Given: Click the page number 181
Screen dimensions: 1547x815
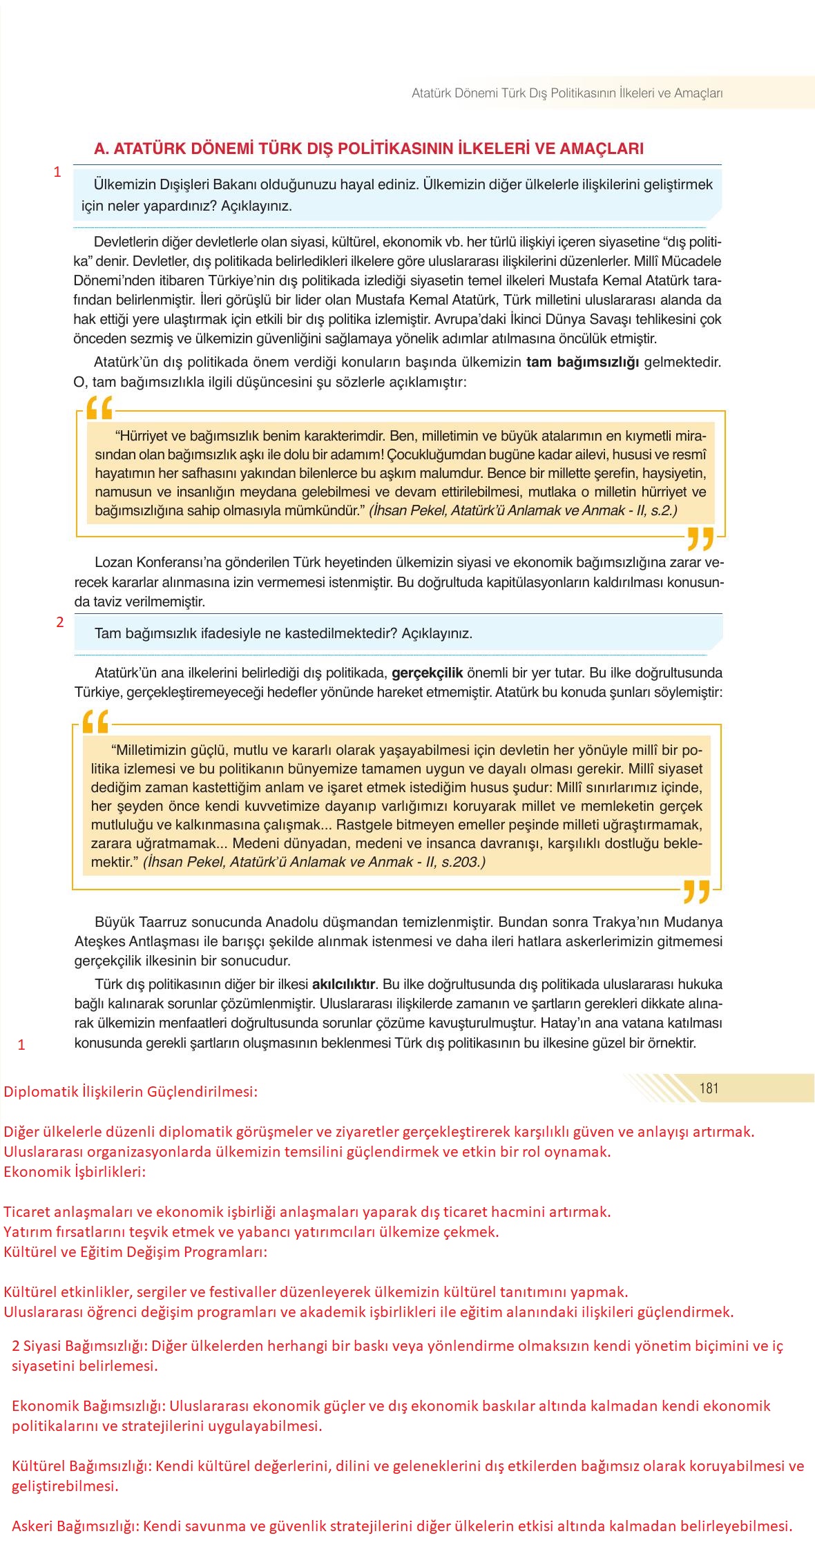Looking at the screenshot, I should point(709,1088).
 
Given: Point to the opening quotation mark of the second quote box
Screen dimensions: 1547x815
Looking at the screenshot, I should point(95,722).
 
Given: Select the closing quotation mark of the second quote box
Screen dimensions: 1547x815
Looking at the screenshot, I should point(696,892).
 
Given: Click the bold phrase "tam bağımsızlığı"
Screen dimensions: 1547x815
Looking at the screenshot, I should point(582,362).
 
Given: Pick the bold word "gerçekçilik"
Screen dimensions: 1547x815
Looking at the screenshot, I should point(427,673).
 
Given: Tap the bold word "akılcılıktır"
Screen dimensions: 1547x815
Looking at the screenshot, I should point(344,983).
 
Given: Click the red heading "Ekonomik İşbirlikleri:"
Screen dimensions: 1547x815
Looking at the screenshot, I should point(75,1171).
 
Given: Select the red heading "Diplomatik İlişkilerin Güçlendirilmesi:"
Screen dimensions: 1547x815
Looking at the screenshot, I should point(131,1092).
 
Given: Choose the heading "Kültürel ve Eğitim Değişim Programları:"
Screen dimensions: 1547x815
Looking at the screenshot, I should point(135,1251).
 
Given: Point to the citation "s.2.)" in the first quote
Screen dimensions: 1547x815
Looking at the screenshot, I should point(662,510).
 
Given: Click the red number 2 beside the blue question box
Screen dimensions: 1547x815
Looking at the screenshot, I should point(60,622).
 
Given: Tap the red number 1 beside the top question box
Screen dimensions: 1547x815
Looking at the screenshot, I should point(58,172).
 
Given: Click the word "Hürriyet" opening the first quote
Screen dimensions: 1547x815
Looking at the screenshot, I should point(142,436).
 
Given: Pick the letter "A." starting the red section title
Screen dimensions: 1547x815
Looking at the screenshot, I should point(102,148).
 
